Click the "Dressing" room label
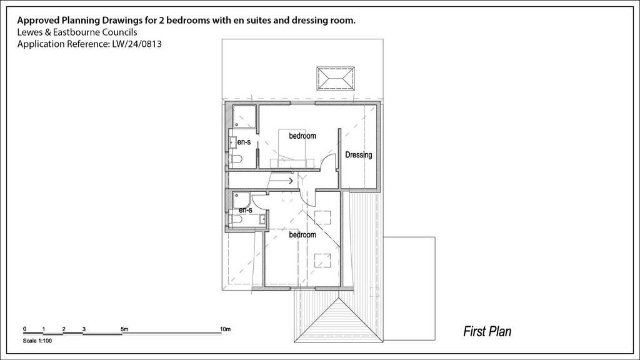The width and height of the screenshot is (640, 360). point(358,155)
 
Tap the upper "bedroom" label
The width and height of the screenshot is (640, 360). point(302,136)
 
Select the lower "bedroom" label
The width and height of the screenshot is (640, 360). point(302,235)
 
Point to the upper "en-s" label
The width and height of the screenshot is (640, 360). point(244,142)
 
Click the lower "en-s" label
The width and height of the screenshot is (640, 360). point(246,210)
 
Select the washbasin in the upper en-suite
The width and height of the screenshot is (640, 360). point(232,142)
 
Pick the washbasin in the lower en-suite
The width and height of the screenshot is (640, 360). point(263,219)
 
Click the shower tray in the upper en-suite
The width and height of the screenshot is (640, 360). point(244,117)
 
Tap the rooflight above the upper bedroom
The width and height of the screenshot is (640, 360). point(336,78)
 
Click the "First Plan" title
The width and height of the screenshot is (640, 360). point(487,331)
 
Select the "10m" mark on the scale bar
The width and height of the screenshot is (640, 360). point(225,329)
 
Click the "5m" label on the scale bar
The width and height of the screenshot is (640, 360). point(124,329)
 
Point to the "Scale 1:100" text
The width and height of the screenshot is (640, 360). point(37,341)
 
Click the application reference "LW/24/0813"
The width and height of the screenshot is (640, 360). point(137,44)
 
